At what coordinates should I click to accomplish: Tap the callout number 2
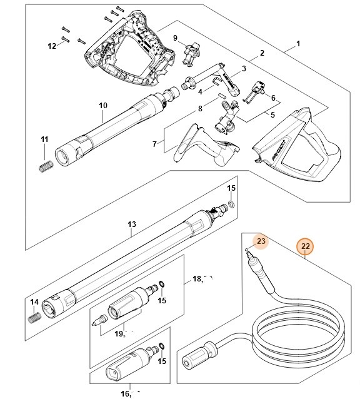262,53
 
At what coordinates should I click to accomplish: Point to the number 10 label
104,105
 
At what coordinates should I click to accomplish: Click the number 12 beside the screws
52,46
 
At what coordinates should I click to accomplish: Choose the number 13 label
131,224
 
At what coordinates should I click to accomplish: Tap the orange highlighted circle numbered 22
304,246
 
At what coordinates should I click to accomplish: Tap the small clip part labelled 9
190,54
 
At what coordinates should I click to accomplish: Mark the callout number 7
154,144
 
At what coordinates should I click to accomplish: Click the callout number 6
272,98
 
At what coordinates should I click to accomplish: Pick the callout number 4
200,91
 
